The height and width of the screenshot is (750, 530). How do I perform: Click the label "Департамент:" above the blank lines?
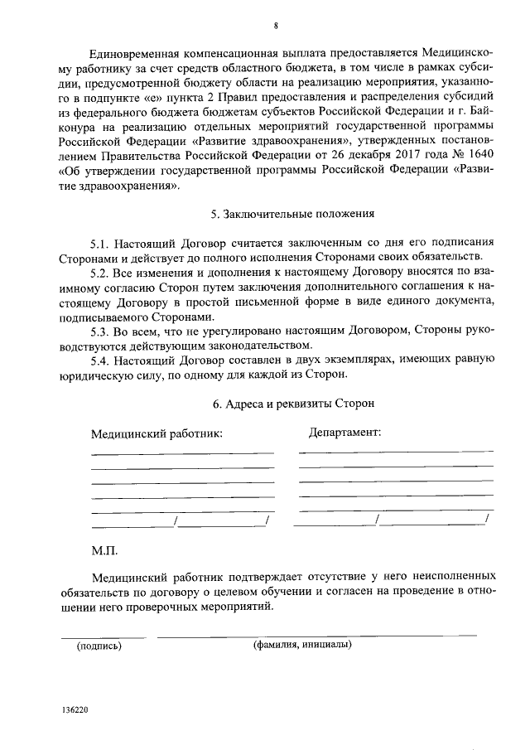coord(344,433)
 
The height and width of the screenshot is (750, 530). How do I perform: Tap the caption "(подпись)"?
coord(99,646)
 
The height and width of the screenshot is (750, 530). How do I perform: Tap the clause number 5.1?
coord(101,242)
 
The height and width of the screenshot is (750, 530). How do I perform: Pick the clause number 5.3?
coord(101,331)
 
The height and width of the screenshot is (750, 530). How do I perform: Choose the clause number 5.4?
coord(101,359)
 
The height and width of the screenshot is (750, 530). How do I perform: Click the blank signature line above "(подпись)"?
coord(103,636)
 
